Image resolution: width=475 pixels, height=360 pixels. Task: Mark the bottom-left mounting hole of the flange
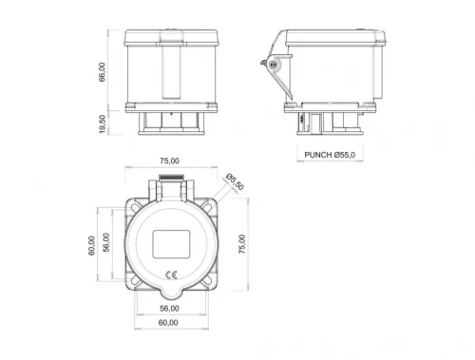(134, 281)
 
